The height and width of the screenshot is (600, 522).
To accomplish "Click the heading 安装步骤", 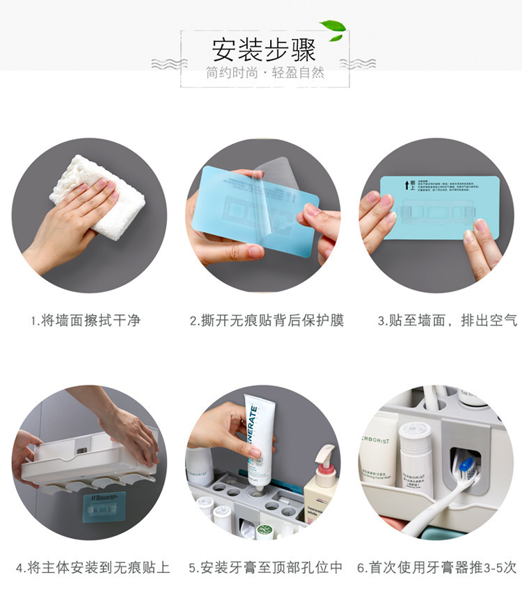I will click(x=264, y=50).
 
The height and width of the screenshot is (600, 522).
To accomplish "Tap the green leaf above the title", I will click(x=333, y=27).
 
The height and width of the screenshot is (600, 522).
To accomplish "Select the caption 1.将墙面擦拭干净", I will click(x=85, y=321).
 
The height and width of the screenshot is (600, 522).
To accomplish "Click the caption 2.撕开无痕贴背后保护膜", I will click(x=267, y=321).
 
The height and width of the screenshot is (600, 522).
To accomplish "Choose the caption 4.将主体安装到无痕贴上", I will click(x=92, y=567).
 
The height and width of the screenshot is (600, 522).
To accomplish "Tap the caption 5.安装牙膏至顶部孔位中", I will click(x=266, y=567).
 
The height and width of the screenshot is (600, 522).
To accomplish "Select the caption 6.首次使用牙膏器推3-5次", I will click(x=437, y=567).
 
